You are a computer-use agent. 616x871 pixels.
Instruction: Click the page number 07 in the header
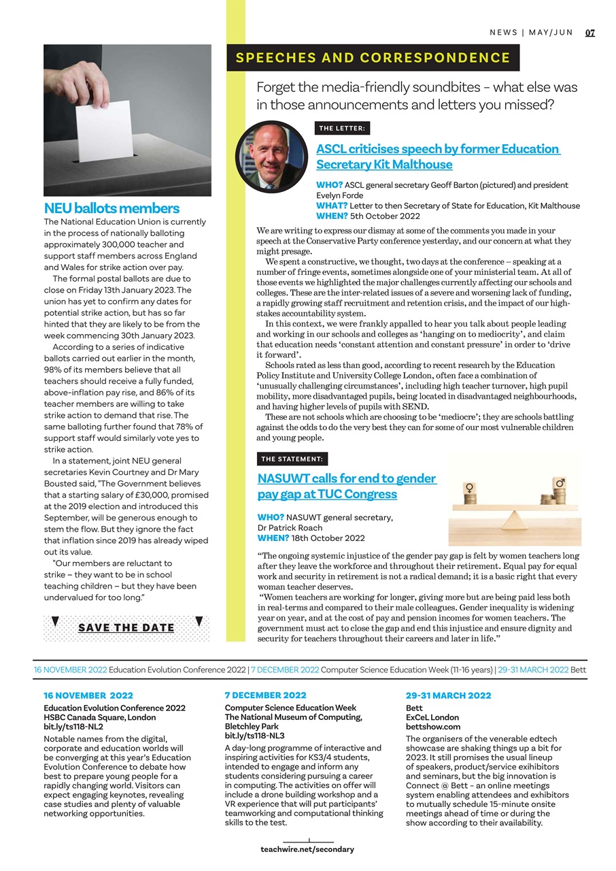tap(589, 33)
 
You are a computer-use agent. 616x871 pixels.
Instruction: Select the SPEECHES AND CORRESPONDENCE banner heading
tap(373, 58)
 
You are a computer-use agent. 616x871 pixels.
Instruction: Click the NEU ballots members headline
tap(112, 208)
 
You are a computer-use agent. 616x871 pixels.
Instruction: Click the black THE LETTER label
tap(343, 128)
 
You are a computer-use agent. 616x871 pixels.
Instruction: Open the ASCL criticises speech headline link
tap(437, 157)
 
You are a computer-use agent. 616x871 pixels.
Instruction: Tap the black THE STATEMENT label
tap(292, 459)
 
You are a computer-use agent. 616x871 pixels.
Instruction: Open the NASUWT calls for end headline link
tap(347, 486)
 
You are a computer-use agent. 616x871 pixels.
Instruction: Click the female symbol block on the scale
tap(468, 489)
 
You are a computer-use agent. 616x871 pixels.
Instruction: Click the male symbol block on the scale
tap(560, 484)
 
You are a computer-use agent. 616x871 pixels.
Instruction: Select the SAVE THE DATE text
tap(126, 627)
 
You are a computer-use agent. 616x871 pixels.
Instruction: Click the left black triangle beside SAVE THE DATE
tap(55, 621)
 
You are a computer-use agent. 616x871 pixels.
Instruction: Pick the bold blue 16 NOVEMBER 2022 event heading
tap(88, 695)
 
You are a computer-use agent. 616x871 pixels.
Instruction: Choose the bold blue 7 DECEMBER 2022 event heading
tap(265, 695)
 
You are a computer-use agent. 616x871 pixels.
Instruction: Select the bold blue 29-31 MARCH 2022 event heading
tap(448, 695)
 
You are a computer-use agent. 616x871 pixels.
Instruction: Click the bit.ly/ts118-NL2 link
tap(73, 727)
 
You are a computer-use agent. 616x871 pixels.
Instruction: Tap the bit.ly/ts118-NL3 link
tap(254, 736)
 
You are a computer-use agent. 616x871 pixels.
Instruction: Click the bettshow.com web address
tap(433, 727)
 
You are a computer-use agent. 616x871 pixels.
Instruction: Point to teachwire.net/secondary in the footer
tap(307, 849)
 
